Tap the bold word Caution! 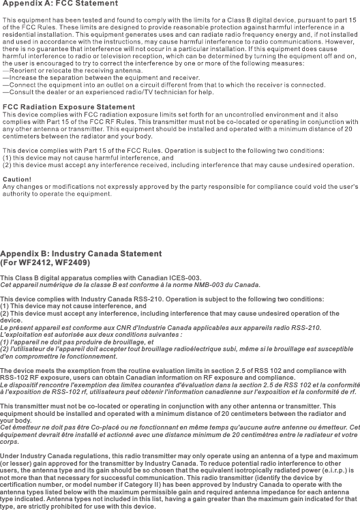18,179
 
